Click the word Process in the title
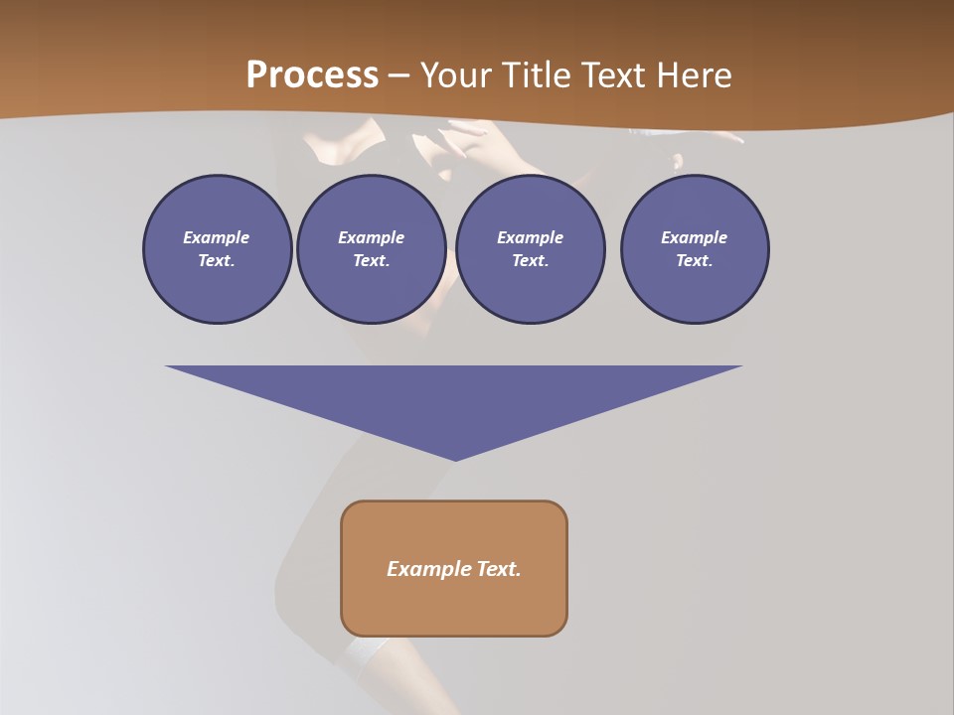click(x=312, y=75)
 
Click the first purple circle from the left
click(x=217, y=249)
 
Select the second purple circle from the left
click(x=372, y=249)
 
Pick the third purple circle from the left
click(x=530, y=249)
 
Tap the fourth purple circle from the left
click(x=695, y=249)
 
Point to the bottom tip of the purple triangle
click(x=455, y=459)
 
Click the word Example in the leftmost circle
click(x=217, y=237)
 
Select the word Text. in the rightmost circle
click(x=695, y=261)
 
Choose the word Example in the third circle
click(x=530, y=237)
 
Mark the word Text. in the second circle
click(x=372, y=261)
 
